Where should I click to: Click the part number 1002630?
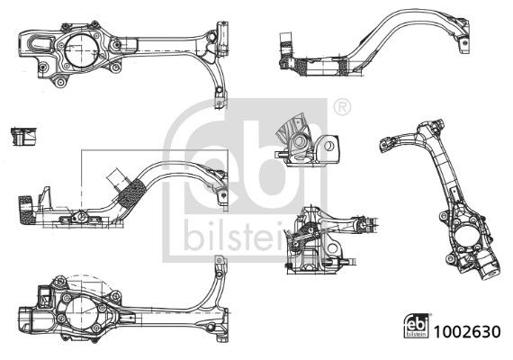pos(467,331)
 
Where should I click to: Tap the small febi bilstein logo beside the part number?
pos(418,325)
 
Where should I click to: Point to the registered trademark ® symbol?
pos(342,107)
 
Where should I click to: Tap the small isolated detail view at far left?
pos(23,137)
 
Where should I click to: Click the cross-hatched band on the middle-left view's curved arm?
pos(131,193)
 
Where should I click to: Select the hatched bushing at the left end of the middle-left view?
pos(26,210)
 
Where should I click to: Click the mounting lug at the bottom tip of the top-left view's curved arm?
pos(220,98)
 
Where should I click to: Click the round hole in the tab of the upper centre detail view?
pos(330,145)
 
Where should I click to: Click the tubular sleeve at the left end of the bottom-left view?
pos(25,319)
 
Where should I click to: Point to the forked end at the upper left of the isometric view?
pos(388,144)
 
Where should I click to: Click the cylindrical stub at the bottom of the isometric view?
pos(490,271)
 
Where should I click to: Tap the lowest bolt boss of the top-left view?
pos(60,82)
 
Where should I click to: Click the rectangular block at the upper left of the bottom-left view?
pos(43,297)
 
